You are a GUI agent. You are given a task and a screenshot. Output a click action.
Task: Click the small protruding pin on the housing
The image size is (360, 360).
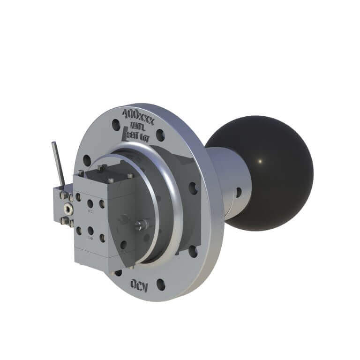coord(139,225)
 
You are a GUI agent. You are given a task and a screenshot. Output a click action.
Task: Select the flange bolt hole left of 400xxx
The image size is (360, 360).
coord(115,125)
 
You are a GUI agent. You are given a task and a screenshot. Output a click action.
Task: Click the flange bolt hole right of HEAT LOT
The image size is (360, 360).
coord(160,136)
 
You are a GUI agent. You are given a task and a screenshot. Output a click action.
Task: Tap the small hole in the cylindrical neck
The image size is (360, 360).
coord(239,192)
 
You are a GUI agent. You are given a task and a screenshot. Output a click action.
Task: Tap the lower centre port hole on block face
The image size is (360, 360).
coord(90,230)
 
